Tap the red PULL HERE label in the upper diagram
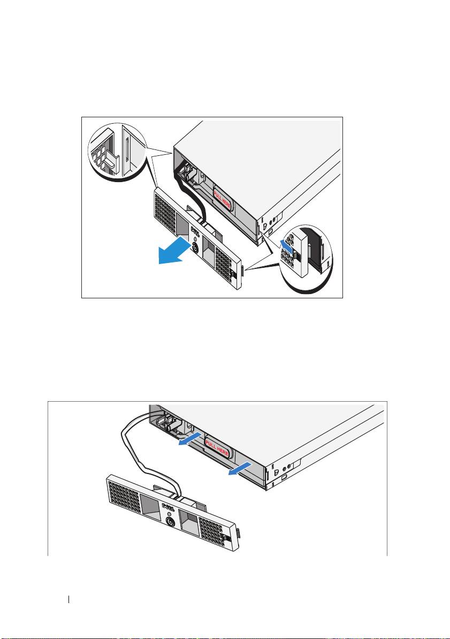point(223,198)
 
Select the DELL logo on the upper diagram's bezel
point(195,234)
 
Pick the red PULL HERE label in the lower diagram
point(217,447)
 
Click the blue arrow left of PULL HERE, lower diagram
point(190,440)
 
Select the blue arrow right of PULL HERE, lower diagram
point(240,469)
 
